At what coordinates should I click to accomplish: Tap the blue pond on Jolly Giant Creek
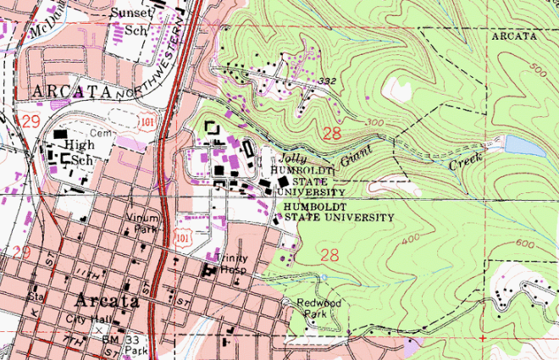coord(525,147)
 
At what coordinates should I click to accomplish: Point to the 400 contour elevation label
coord(412,240)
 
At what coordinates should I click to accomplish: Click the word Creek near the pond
coord(465,160)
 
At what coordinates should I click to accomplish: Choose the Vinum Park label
coord(142,223)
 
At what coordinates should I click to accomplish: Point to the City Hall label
coord(84,319)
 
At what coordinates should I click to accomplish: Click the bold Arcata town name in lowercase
coord(107,301)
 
